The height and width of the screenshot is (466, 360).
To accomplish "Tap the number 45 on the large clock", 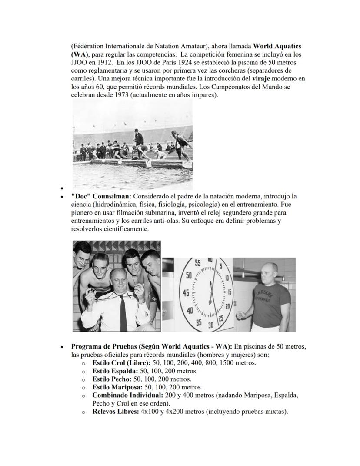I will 186,293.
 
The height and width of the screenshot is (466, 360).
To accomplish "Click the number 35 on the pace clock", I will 198,323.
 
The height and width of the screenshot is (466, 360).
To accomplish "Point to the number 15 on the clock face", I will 230,292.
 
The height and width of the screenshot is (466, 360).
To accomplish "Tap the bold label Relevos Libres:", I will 116,412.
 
